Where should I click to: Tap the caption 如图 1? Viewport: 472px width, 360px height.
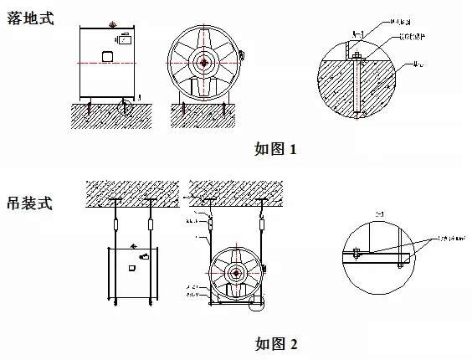click(275, 150)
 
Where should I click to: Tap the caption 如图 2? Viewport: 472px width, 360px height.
click(275, 343)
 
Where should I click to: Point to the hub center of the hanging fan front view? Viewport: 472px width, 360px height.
click(236, 273)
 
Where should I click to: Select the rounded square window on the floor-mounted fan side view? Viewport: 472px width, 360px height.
click(108, 57)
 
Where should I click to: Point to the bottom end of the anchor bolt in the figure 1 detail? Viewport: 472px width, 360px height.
click(357, 111)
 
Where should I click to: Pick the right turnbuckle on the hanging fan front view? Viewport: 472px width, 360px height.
click(262, 223)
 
